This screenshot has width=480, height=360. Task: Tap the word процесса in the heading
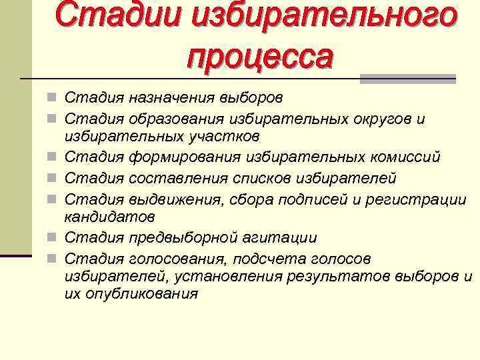(x=259, y=56)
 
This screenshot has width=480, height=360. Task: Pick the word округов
(x=377, y=119)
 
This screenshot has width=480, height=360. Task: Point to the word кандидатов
(x=110, y=217)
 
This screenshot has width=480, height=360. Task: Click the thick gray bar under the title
(x=407, y=79)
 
